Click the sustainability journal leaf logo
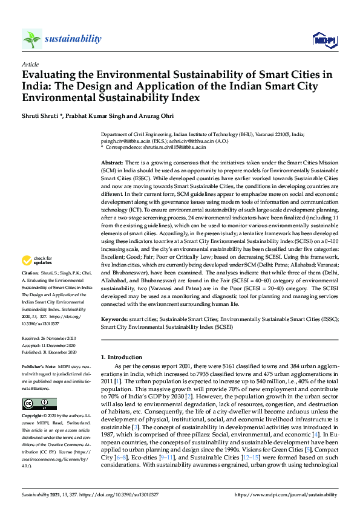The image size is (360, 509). pos(32,39)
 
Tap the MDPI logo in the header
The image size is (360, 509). pos(324,40)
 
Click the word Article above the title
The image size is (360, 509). pos(30,64)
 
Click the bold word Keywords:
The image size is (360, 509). pos(115,319)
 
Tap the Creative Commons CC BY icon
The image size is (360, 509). pos(39,404)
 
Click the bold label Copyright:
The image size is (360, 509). pos(33,417)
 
